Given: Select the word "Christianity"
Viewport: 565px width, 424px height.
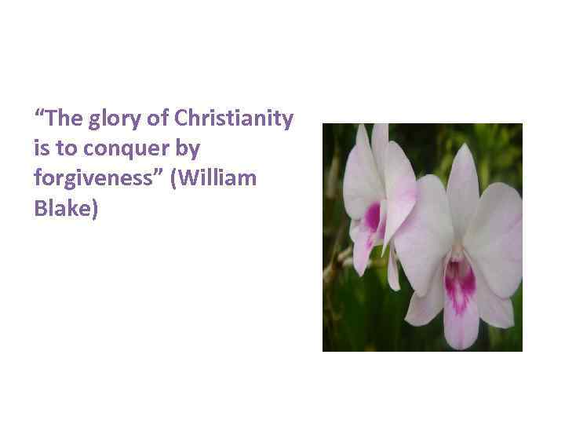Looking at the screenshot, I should [x=234, y=119].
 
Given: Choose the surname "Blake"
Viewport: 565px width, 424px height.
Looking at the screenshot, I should [x=60, y=208].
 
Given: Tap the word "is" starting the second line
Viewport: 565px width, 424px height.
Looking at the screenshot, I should [x=42, y=148].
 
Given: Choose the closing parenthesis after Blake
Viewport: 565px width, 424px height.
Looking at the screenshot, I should [x=93, y=209].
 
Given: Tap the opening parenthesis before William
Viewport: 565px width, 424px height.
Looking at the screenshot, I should [x=183, y=179].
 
